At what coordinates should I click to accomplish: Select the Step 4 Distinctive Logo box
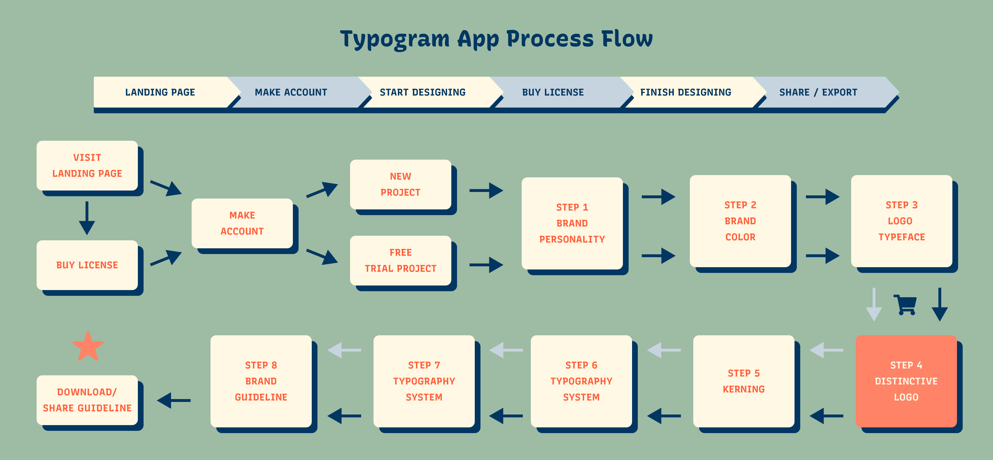click(x=906, y=381)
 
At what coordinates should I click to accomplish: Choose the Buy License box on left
click(x=87, y=265)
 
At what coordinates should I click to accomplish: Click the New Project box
click(x=400, y=184)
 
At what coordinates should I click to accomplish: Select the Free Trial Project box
click(x=400, y=260)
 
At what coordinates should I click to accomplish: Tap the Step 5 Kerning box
click(x=744, y=381)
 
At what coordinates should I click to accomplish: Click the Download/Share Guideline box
click(x=87, y=400)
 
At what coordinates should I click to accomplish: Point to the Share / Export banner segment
click(x=818, y=92)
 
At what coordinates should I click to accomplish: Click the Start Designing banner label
click(x=422, y=92)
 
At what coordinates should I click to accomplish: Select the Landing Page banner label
click(x=160, y=92)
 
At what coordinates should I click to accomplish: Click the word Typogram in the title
click(x=394, y=39)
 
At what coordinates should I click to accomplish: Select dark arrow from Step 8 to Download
click(x=174, y=400)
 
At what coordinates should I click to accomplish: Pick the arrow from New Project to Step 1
click(x=486, y=191)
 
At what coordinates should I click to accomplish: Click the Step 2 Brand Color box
click(x=740, y=221)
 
